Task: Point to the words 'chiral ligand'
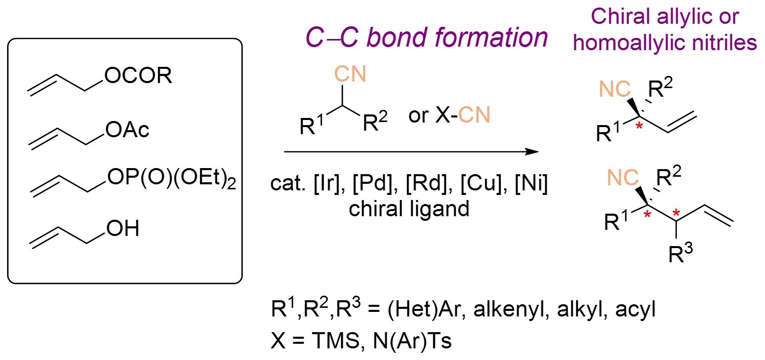click(x=408, y=208)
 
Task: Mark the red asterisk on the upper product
click(x=640, y=125)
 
